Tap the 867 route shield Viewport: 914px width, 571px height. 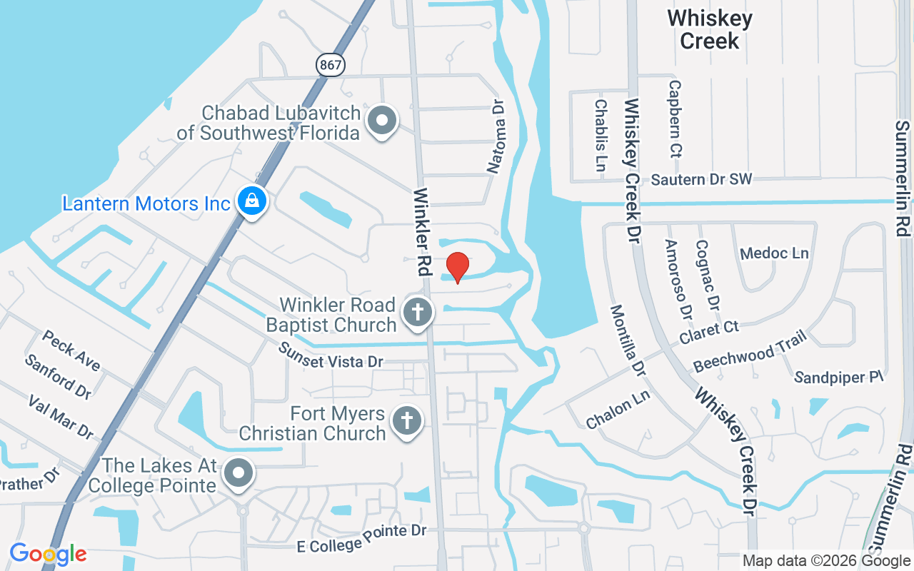point(331,65)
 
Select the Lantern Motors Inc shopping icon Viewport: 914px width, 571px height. point(252,201)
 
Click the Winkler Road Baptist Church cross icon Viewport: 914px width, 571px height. point(418,313)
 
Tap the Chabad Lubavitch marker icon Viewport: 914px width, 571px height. point(382,121)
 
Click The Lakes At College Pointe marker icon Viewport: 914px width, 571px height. point(238,473)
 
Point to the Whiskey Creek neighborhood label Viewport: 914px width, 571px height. point(710,29)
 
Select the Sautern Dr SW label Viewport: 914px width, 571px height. point(702,179)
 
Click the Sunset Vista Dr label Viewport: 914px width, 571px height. point(331,355)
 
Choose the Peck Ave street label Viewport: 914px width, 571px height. point(71,350)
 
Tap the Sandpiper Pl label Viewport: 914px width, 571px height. point(839,377)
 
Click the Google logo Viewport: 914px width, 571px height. point(48,554)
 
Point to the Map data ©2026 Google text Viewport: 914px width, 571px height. point(825,561)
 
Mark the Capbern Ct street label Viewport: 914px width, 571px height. point(675,118)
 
